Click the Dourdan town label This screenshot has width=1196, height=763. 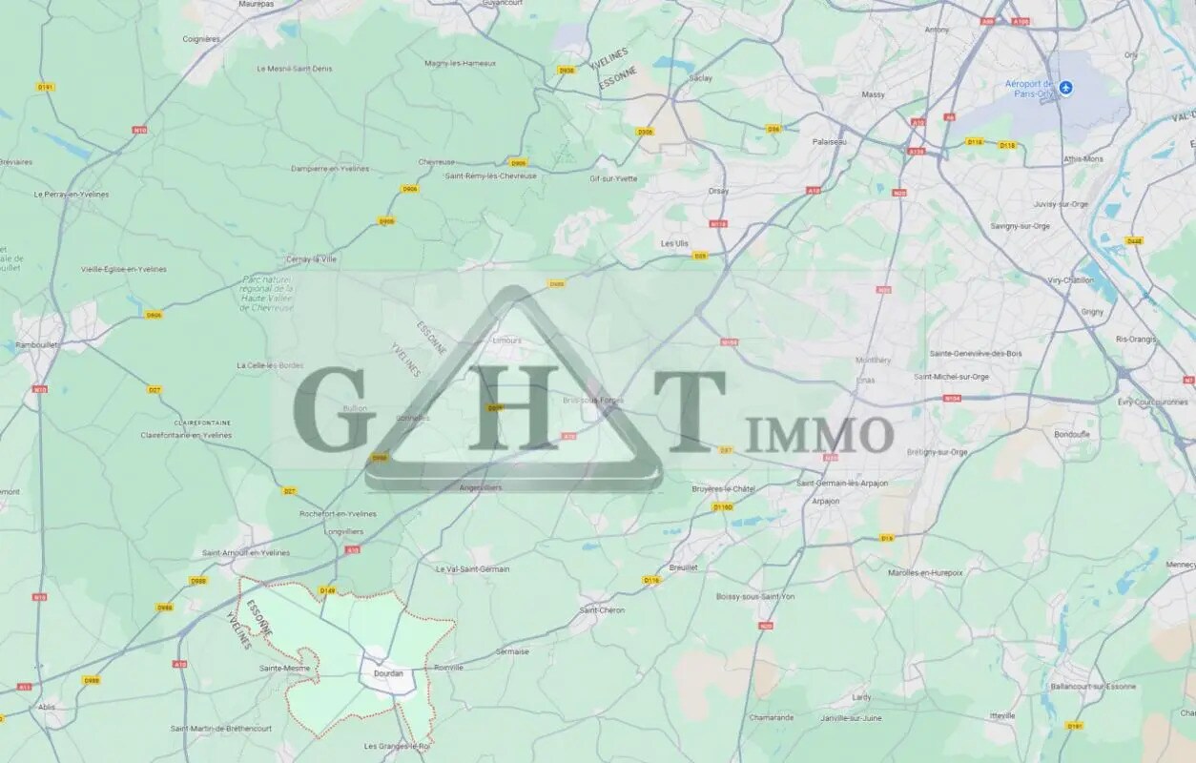(x=388, y=673)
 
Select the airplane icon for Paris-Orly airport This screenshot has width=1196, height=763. (x=1066, y=89)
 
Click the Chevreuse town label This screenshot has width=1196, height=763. (x=435, y=161)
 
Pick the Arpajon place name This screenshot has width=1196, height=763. (x=825, y=501)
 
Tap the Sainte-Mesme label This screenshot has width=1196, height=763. (x=284, y=669)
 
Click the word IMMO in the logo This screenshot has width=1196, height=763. (x=819, y=435)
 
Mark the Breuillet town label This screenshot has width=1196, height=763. (x=683, y=567)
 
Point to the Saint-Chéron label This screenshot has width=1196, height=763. (x=601, y=609)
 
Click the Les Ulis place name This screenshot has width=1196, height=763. (x=674, y=243)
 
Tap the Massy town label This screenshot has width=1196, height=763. (x=873, y=95)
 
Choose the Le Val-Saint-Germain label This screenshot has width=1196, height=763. (x=472, y=569)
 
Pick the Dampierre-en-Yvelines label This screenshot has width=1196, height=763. (x=330, y=169)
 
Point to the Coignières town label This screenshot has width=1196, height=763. (x=201, y=39)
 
